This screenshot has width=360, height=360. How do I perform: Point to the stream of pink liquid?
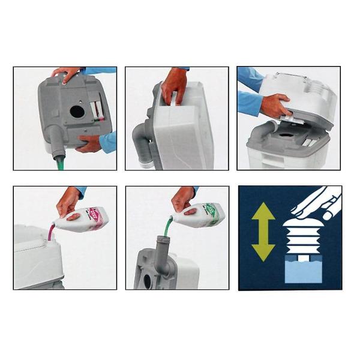pyautogui.click(x=52, y=231)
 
